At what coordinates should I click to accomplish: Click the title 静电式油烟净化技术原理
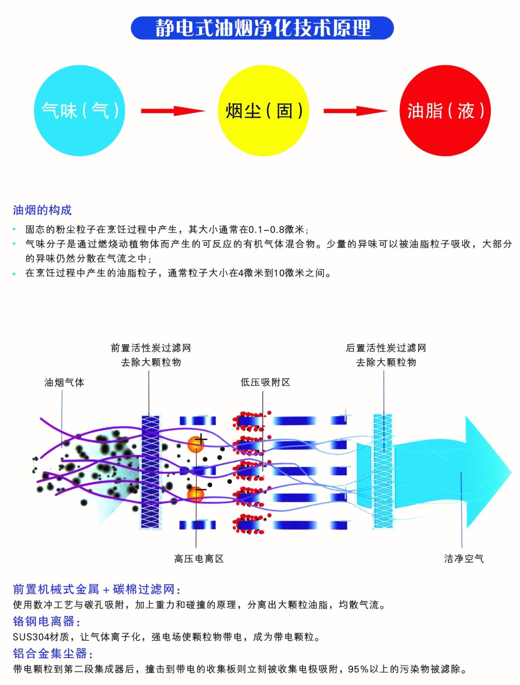[x=262, y=28]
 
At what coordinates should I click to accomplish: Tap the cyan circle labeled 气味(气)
[x=80, y=110]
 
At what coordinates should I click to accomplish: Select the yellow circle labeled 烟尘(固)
[x=263, y=110]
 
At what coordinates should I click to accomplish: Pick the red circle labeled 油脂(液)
[x=445, y=110]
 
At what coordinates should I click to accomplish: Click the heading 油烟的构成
[x=42, y=210]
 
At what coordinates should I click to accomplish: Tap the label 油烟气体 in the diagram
[x=64, y=382]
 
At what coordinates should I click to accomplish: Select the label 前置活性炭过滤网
[x=151, y=348]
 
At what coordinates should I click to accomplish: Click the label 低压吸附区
[x=265, y=382]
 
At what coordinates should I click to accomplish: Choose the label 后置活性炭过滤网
[x=386, y=348]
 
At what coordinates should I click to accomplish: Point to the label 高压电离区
[x=199, y=559]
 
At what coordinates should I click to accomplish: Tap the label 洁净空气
[x=464, y=559]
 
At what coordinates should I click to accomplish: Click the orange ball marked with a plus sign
[x=196, y=444]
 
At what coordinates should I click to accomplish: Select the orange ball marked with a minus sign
[x=196, y=494]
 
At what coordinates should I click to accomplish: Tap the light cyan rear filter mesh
[x=383, y=471]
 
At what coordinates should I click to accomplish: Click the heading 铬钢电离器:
[x=47, y=621]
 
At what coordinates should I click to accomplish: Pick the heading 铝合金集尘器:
[x=53, y=653]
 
